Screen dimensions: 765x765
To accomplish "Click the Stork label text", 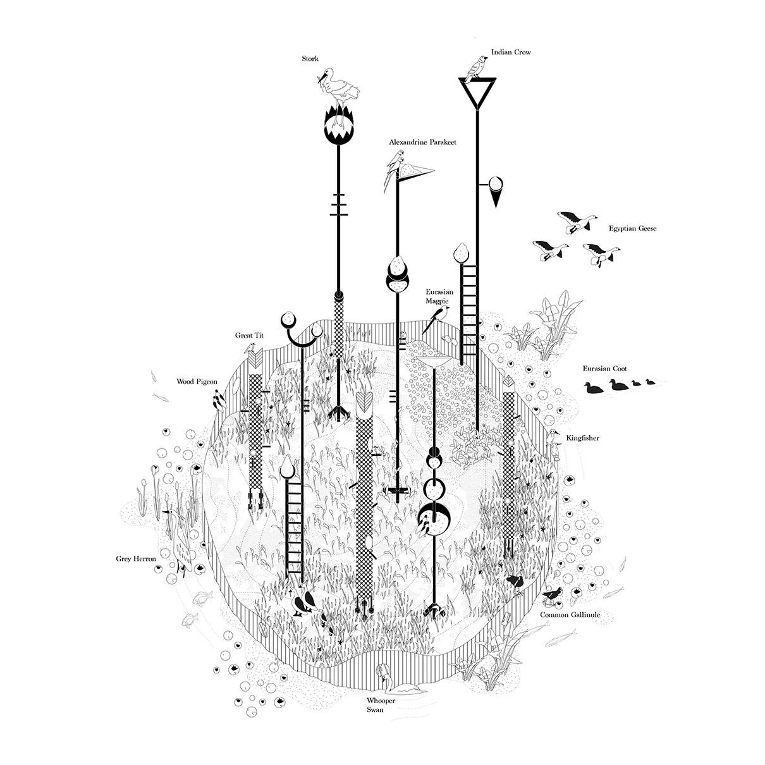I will [x=310, y=59].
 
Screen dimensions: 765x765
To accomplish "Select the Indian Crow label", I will [x=511, y=52].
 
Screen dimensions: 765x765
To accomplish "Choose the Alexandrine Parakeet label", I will [x=422, y=143].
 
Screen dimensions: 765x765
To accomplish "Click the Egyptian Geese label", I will [x=632, y=228].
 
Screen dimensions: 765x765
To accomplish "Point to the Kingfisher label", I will [x=583, y=438].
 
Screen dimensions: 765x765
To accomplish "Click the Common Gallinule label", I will [x=570, y=615].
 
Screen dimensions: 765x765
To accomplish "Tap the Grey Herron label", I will [x=135, y=559].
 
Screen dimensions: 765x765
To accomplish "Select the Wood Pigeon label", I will [x=197, y=382].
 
